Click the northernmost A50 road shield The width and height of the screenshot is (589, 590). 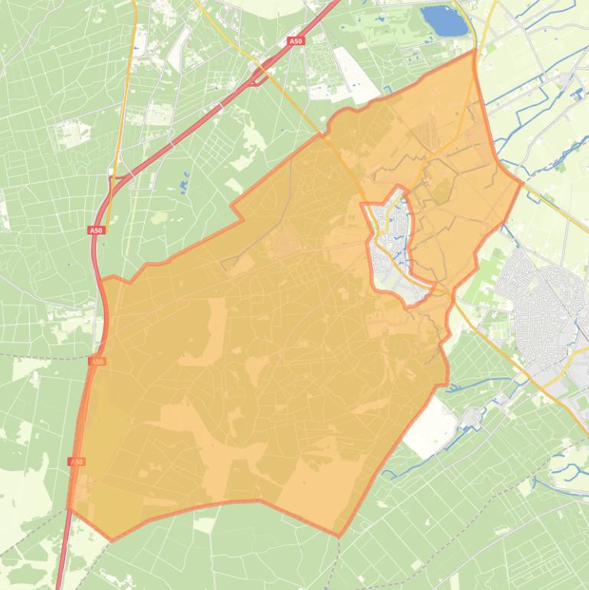296,41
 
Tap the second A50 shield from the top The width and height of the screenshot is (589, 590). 96,230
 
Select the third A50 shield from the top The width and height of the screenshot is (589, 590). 97,361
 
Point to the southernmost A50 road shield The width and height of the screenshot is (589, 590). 76,462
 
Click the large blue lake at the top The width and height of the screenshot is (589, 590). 444,21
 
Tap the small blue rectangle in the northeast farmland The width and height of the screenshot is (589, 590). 577,94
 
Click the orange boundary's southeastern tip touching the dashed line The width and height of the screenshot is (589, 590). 338,535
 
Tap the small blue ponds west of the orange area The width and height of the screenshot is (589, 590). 185,184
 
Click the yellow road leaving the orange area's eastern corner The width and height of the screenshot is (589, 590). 551,202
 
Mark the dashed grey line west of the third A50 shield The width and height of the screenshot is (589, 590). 46,356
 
